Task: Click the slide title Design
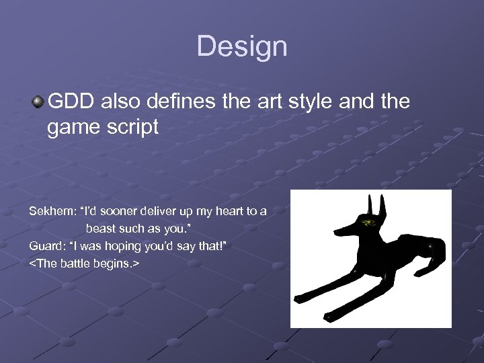242,46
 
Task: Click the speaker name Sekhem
51,211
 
